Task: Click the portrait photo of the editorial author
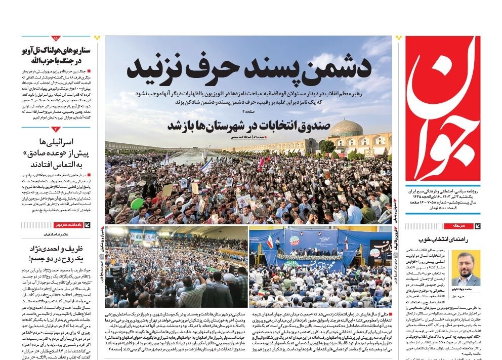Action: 466,268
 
